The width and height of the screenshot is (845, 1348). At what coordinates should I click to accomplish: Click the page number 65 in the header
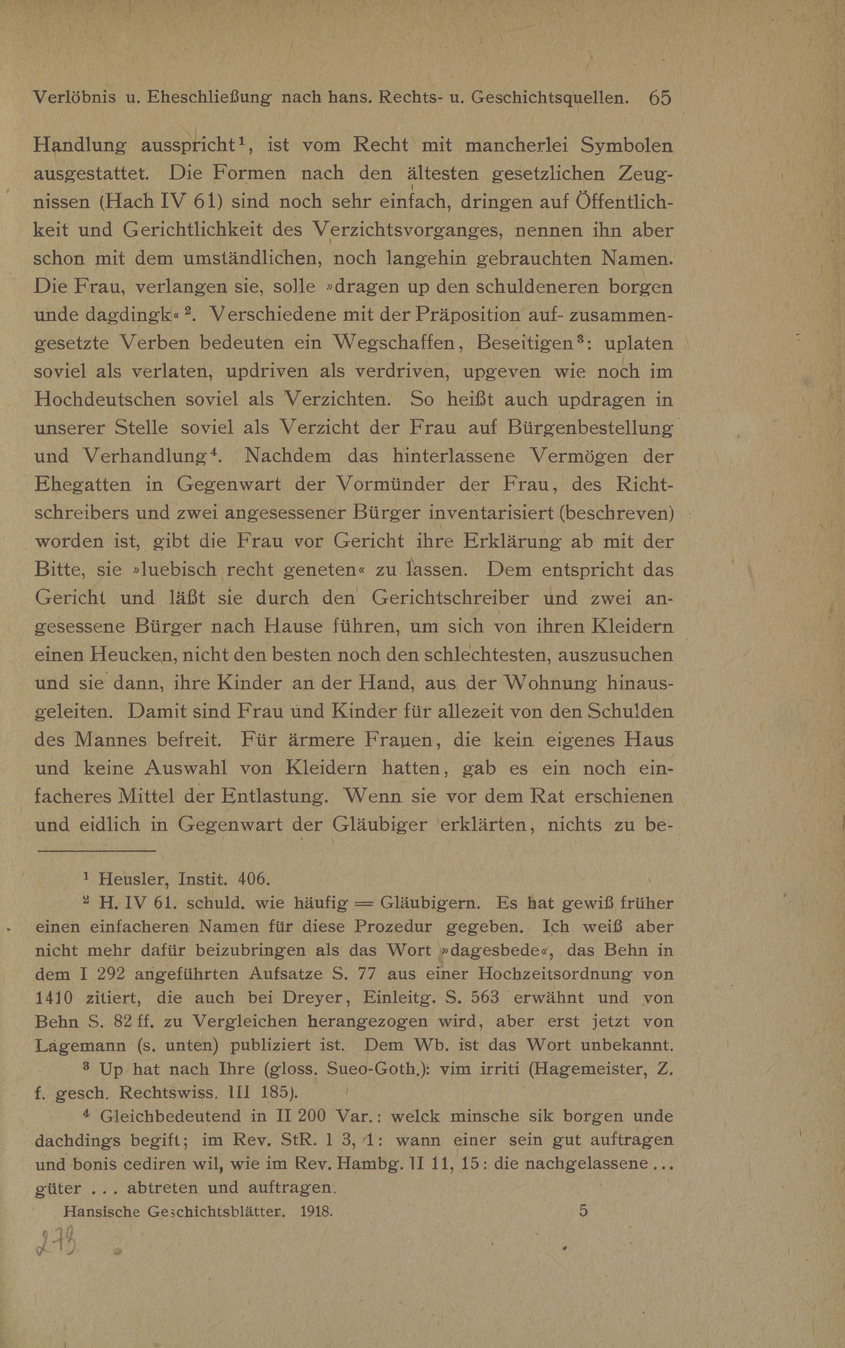point(659,98)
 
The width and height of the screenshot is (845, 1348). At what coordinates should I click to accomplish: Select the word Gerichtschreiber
point(450,598)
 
